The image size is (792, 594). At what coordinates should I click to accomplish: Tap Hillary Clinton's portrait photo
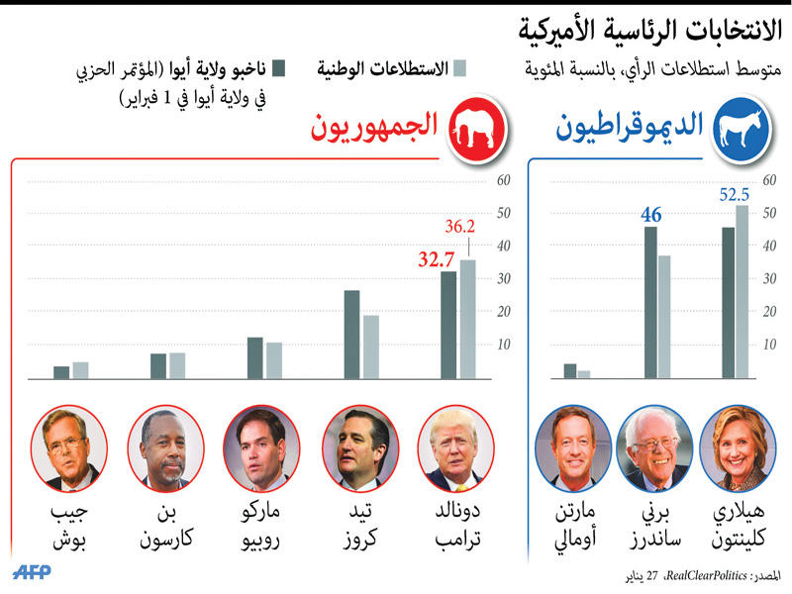pos(735,449)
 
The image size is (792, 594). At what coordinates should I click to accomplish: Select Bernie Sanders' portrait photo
pos(651,449)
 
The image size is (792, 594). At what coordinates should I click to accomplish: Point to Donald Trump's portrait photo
pos(455,449)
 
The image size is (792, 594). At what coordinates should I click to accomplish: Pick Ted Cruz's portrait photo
pos(359,449)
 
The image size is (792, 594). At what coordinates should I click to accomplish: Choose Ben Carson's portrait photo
pos(165,449)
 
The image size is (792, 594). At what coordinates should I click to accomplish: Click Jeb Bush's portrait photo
pos(69,449)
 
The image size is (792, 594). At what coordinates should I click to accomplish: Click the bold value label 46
pos(650,214)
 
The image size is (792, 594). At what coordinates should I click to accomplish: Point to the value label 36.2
pos(460,227)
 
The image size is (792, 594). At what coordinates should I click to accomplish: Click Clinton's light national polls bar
pos(742,292)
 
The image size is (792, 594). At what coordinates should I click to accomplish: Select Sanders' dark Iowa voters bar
pos(650,302)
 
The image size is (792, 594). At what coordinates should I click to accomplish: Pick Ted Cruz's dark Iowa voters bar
pos(351,335)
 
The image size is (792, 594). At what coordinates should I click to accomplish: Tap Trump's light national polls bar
pos(467,319)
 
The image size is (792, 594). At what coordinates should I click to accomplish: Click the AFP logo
pos(34,573)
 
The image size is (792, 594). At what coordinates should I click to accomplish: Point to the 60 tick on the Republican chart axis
pos(503,180)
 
